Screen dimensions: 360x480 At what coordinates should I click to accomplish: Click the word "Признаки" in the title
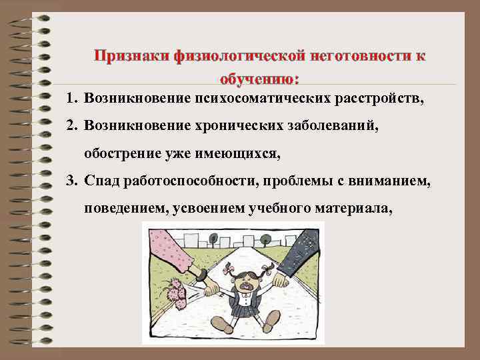[x=131, y=56]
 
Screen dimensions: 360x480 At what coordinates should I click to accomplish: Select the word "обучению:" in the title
[x=259, y=79]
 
